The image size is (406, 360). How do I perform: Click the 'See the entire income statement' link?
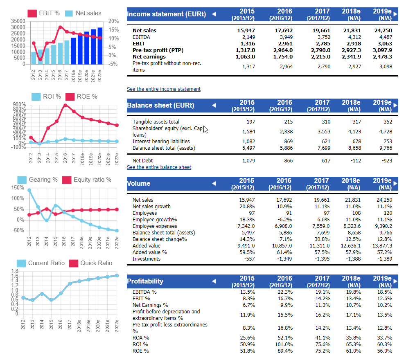[164, 89]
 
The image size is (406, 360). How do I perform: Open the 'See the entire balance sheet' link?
[159, 167]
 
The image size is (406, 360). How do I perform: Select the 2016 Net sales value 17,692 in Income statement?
[284, 31]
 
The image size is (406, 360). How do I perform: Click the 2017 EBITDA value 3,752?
[324, 37]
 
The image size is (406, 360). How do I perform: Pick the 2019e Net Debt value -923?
[387, 161]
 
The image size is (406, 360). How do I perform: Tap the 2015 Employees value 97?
[252, 213]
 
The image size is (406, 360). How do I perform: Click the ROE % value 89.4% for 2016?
[285, 351]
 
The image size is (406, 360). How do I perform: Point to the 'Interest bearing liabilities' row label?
[161, 141]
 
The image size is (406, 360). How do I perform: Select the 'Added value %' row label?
[150, 252]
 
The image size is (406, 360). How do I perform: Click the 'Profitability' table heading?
[145, 281]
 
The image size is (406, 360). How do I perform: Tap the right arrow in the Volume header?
[395, 184]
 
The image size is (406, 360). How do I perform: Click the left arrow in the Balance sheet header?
[214, 105]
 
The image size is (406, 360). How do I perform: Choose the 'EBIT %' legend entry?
[44, 13]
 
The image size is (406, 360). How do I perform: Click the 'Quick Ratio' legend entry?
[91, 263]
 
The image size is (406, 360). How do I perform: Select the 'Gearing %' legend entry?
[38, 180]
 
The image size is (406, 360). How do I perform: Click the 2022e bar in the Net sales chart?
[100, 46]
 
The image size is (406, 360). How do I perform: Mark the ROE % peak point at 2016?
[65, 105]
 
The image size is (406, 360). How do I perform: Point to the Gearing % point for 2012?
[29, 190]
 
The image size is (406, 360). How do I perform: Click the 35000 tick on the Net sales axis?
[18, 21]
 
